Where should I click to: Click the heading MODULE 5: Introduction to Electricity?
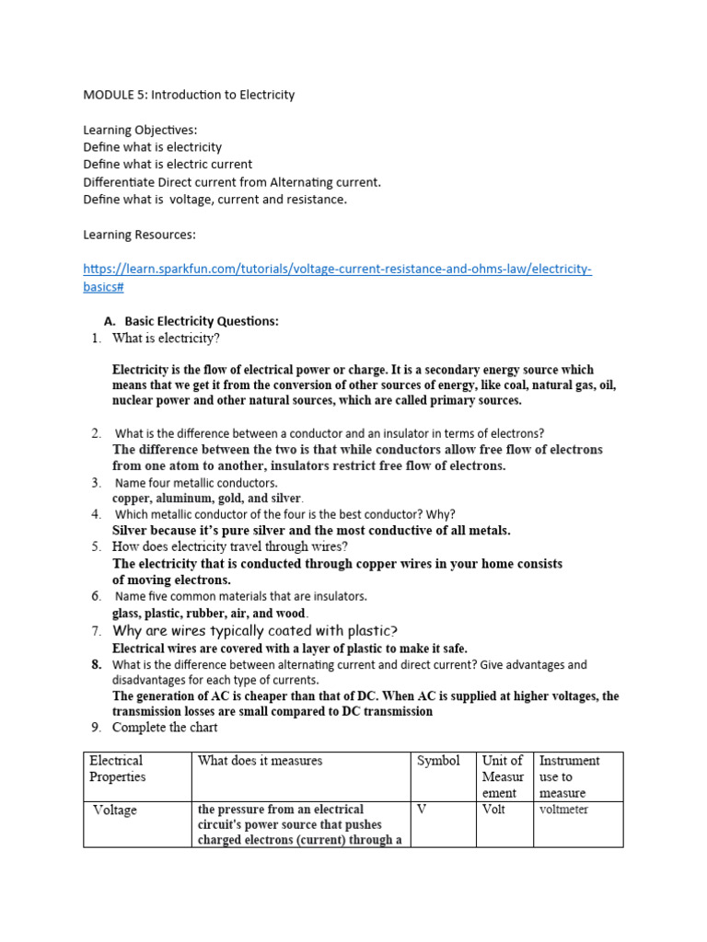(x=189, y=95)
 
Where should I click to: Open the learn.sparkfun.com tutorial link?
(x=337, y=270)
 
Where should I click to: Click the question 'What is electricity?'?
(x=166, y=339)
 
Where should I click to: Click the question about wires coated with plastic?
(x=255, y=631)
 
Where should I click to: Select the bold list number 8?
(x=95, y=664)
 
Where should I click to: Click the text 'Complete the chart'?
(x=165, y=728)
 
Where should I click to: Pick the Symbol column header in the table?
(x=438, y=761)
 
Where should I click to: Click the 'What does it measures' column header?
(x=260, y=761)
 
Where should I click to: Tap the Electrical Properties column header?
(x=117, y=768)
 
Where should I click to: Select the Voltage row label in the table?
(x=115, y=810)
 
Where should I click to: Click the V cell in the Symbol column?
(x=423, y=810)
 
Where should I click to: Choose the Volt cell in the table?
(x=493, y=810)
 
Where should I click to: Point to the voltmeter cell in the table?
(x=563, y=810)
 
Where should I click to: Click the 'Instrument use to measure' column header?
(x=569, y=776)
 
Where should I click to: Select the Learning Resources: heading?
(x=139, y=235)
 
